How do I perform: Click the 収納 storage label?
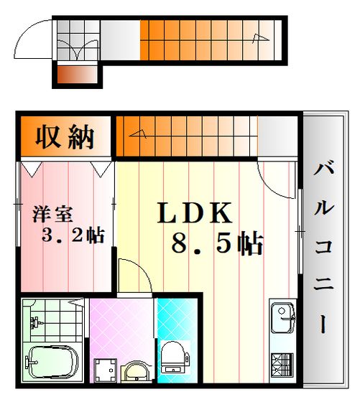[x=65, y=136]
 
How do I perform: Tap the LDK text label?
[x=195, y=212]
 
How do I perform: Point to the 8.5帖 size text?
[x=217, y=243]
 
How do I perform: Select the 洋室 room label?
[x=52, y=214]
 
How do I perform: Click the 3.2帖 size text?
[x=73, y=235]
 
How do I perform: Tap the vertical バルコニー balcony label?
[x=324, y=246]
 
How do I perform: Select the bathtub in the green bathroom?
[x=52, y=363]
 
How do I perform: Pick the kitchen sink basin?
[x=282, y=317]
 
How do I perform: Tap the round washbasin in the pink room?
[x=135, y=371]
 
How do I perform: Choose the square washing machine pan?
[x=105, y=370]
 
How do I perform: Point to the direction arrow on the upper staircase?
[x=261, y=38]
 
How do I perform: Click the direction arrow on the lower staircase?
[x=138, y=134]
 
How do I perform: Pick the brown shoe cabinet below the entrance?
[x=77, y=75]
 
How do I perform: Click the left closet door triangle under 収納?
[x=32, y=169]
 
